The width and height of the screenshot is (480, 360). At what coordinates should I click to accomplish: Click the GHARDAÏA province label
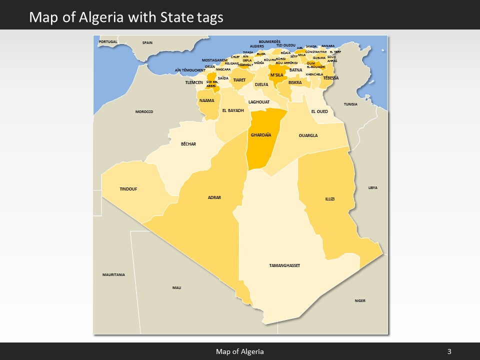coord(261,135)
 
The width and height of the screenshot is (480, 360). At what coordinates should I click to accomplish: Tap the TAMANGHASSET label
coord(284,265)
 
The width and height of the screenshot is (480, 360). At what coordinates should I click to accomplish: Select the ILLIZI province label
coord(330,199)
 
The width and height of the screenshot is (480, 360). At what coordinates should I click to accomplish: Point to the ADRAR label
coord(214,197)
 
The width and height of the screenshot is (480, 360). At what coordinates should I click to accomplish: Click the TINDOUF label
coord(128,189)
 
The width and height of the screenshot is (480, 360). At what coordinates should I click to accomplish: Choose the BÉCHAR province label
coord(188,144)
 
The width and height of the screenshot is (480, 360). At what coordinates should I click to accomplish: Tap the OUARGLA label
coord(308,135)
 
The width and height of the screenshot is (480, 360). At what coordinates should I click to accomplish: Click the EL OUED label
coord(319,111)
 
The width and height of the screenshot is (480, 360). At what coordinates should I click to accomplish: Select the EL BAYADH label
coord(232,110)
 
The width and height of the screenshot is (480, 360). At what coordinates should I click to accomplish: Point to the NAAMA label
coord(206,100)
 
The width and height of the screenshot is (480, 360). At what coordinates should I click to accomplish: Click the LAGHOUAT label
coord(259,102)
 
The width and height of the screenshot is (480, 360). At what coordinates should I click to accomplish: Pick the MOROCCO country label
coord(144,111)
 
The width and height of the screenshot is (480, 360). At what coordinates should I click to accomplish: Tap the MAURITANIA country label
coord(113,275)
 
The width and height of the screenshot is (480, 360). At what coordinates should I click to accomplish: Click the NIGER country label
coord(360,300)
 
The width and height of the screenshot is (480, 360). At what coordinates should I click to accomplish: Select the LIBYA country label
coord(373,187)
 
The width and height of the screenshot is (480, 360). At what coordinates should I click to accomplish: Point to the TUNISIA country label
coord(350,104)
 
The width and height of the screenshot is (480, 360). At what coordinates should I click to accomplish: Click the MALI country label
coord(176,287)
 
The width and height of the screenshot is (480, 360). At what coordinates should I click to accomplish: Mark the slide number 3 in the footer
coord(449,351)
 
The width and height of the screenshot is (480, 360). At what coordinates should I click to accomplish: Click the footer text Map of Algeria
coord(240,351)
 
